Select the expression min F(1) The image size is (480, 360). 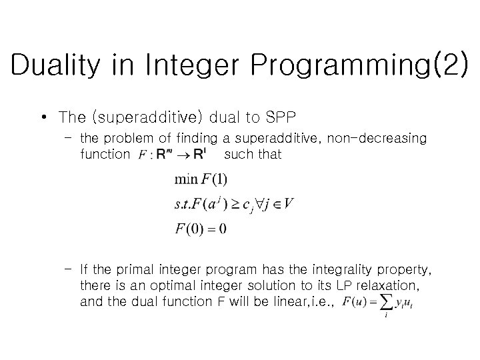(x=201, y=180)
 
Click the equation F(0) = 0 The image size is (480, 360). (x=201, y=229)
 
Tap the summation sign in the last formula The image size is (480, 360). (x=386, y=303)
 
